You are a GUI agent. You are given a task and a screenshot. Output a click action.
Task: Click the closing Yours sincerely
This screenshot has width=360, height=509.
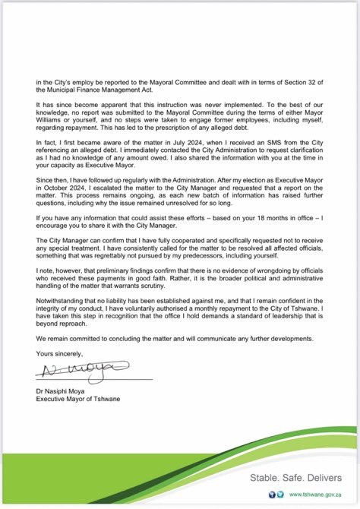tap(56, 353)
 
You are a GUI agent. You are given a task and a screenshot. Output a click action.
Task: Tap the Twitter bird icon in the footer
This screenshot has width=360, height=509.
tap(279, 493)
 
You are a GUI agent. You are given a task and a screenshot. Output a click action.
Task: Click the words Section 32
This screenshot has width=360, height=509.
tap(292, 81)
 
